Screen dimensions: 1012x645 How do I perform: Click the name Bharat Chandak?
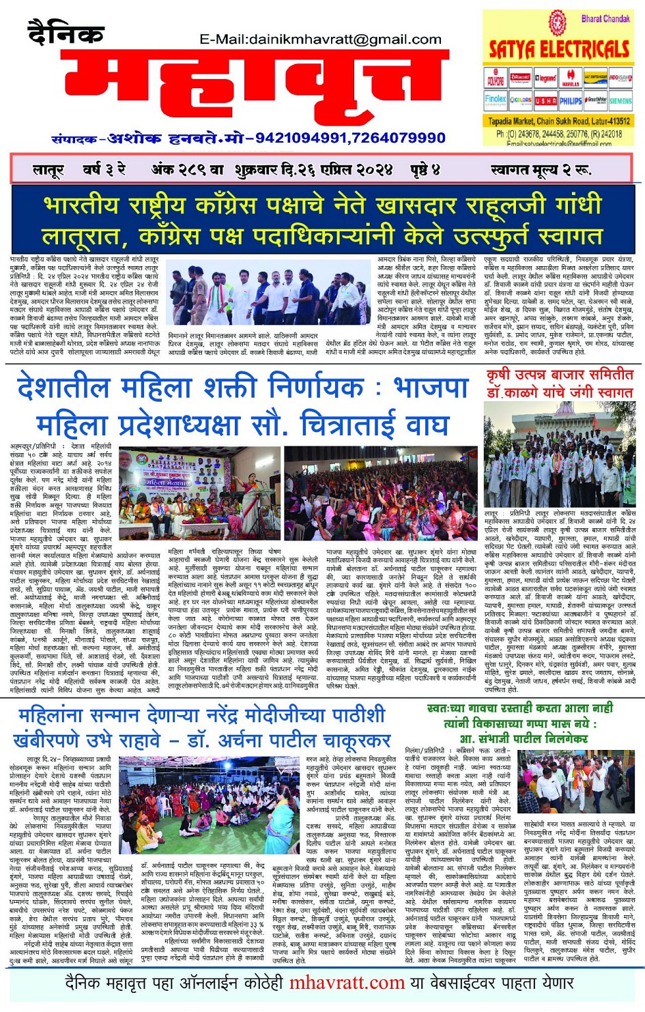pos(605,18)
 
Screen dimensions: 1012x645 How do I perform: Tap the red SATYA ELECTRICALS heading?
pos(559,49)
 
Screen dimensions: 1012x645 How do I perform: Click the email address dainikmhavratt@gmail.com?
pos(324,40)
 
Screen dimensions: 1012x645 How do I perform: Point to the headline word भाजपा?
pos(431,388)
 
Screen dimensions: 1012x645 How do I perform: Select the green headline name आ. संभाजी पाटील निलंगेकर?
pos(524,738)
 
